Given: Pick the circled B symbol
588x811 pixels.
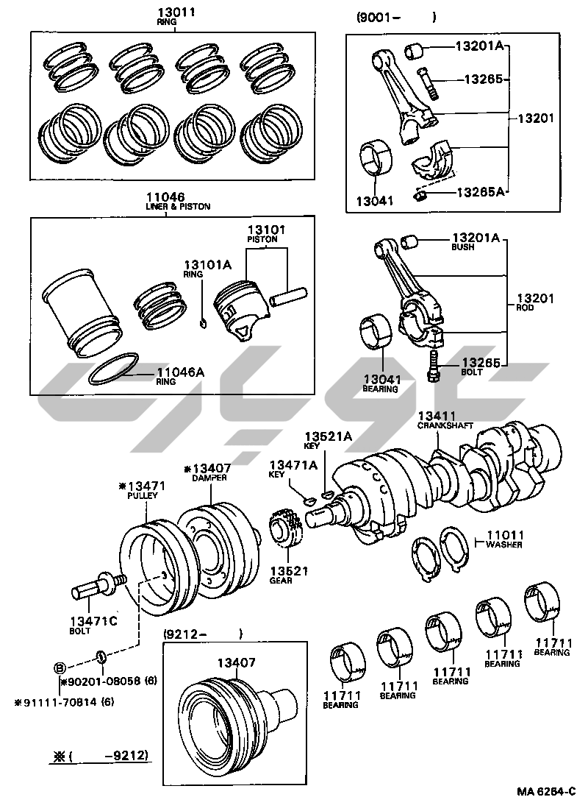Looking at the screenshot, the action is [x=60, y=667].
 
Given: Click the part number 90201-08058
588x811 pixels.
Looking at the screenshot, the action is [x=101, y=681].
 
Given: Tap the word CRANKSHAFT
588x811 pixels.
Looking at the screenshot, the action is [x=445, y=425].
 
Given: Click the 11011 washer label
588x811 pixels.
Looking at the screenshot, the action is [x=504, y=539].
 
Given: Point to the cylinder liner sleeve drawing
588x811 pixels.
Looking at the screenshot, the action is [x=82, y=313].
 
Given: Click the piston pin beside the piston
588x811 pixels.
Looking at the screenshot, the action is [x=288, y=297].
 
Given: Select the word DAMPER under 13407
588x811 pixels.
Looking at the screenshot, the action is [x=209, y=478].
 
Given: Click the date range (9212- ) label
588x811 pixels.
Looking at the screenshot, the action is [x=203, y=634].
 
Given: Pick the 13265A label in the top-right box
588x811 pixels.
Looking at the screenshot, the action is [x=480, y=192].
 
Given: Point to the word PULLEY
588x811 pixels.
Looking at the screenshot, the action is [x=143, y=495].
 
